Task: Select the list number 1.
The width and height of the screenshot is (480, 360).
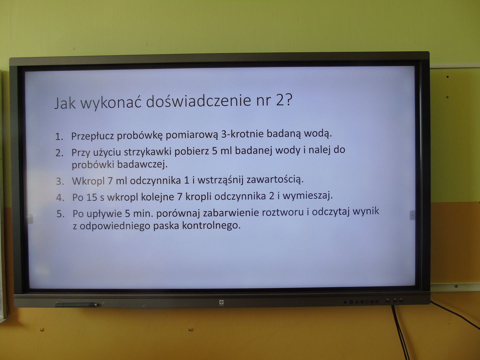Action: (59, 137)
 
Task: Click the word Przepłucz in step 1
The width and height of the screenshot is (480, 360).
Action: (93, 136)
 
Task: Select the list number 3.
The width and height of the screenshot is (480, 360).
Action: (60, 182)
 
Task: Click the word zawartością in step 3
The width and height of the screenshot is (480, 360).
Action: (275, 180)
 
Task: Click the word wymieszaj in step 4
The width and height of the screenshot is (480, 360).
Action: (308, 196)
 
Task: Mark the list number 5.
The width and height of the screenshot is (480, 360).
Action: (61, 214)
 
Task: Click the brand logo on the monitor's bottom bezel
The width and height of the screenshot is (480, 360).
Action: (221, 303)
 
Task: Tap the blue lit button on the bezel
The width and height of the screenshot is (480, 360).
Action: (351, 302)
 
